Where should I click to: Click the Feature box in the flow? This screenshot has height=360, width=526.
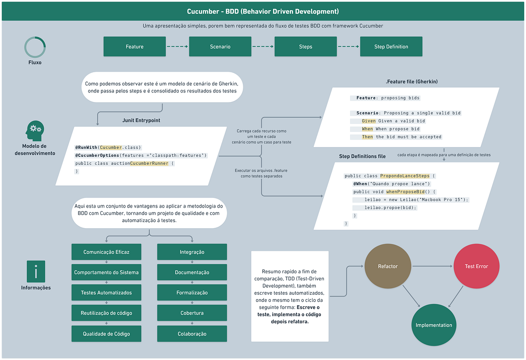pos(135,46)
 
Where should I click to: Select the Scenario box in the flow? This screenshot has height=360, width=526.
pos(220,46)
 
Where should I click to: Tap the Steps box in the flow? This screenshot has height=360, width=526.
pos(306,46)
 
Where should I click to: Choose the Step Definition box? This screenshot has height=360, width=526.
pos(391,46)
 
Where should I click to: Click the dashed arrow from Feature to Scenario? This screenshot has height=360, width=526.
pos(177,46)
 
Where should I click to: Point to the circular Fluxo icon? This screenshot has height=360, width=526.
pos(35,47)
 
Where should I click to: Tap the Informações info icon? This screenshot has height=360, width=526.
pos(36,272)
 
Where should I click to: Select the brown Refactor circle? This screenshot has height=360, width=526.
pos(387,266)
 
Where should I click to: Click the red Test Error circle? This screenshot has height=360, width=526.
pos(476,266)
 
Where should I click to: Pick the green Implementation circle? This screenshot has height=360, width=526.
pos(434,325)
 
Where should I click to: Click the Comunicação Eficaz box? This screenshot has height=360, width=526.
pos(107,252)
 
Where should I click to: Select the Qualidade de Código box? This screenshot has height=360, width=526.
pos(107,334)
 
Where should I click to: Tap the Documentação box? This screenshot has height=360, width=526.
pos(192,272)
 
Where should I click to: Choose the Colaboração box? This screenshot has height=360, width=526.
pos(192,334)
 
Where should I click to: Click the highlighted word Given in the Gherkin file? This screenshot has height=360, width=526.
pos(369,121)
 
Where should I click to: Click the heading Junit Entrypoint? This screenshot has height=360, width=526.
pos(141,120)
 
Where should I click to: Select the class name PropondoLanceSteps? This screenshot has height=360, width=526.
pos(405,176)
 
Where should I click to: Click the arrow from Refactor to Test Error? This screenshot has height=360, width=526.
pos(432,266)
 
